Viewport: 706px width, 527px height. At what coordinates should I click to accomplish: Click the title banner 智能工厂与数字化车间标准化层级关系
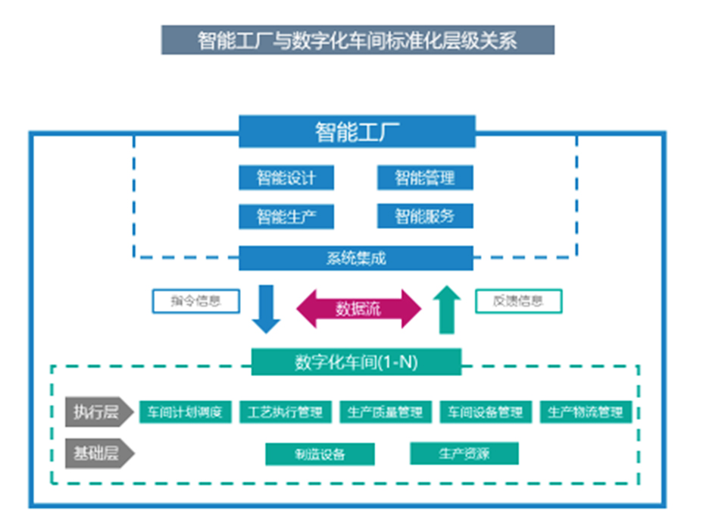[358, 39]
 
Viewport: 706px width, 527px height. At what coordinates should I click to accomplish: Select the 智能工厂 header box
[357, 131]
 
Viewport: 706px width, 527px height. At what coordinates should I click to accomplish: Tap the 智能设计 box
[286, 178]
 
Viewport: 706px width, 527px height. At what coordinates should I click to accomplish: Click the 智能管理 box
[425, 178]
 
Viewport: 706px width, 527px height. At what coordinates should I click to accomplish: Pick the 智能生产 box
[286, 217]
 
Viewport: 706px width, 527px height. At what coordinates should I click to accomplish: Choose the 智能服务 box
[425, 217]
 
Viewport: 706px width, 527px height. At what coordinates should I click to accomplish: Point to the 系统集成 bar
[356, 258]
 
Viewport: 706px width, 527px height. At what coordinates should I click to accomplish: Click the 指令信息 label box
[195, 301]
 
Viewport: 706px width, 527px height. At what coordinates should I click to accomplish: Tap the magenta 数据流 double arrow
[358, 309]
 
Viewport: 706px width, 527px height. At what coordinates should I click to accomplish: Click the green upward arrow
[448, 309]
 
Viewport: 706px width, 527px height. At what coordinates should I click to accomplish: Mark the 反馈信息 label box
[518, 301]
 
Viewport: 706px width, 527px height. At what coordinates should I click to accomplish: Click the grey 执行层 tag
[97, 413]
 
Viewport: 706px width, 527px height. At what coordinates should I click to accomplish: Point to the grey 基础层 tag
[97, 453]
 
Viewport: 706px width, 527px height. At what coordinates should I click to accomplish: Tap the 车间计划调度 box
[185, 413]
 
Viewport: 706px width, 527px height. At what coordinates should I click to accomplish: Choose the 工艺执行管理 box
[286, 413]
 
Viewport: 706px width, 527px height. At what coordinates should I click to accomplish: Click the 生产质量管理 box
[386, 413]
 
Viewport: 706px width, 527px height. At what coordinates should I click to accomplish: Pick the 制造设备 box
[320, 454]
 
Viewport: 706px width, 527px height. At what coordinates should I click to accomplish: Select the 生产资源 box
[464, 453]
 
